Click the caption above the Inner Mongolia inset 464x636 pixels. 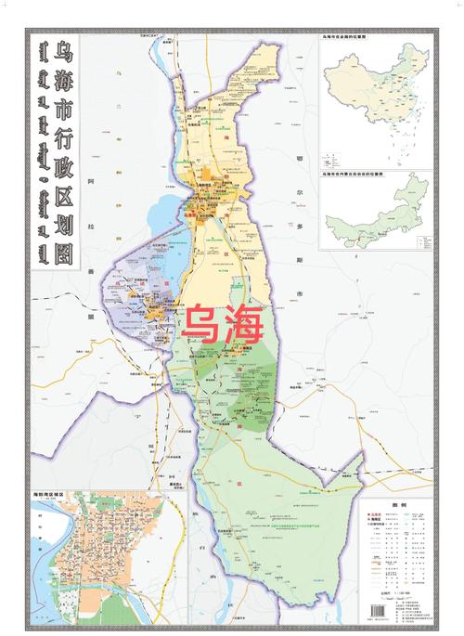(354, 174)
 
